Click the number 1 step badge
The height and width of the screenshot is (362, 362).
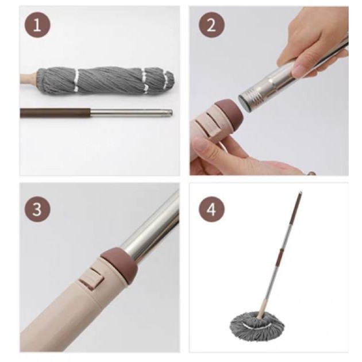click(37, 25)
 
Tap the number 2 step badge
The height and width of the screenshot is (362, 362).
click(211, 25)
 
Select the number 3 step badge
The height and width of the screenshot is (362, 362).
click(37, 210)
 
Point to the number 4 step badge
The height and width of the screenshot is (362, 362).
click(211, 210)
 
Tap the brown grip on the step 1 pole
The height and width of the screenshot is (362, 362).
click(55, 113)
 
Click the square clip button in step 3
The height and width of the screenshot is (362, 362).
click(92, 281)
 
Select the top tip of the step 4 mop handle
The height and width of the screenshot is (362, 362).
click(301, 192)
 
